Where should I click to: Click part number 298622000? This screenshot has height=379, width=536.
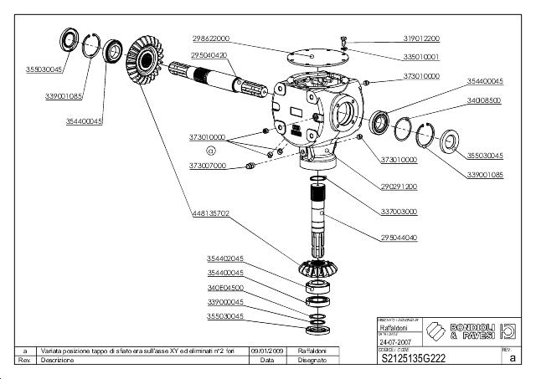pos(210,39)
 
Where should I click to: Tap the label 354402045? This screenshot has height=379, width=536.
pos(225,259)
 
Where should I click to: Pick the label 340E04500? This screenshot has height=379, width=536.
pos(225,287)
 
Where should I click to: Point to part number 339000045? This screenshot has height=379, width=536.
pos(225,301)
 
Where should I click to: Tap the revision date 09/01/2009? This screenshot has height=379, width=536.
pos(266,351)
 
